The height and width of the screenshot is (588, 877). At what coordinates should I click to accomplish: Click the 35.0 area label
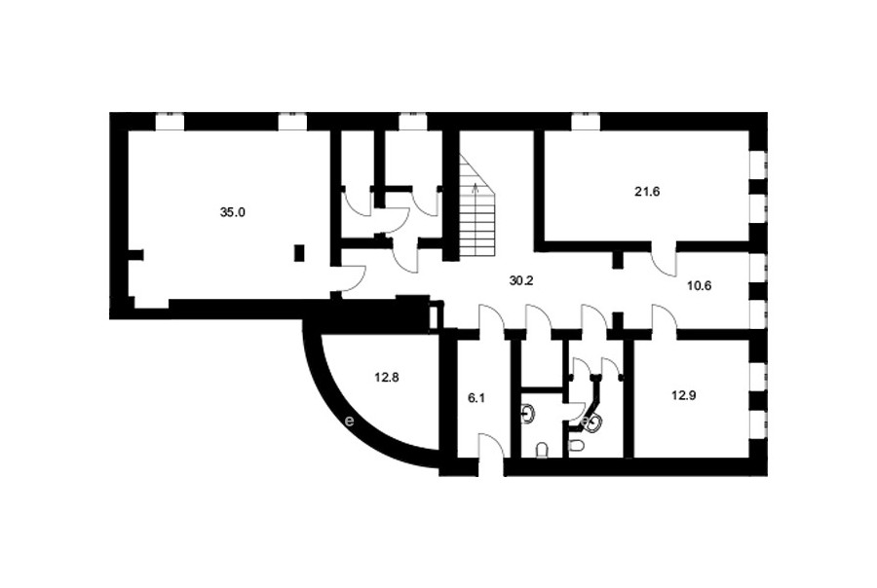(x=233, y=212)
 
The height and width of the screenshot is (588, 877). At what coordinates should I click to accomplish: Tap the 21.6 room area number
(x=647, y=192)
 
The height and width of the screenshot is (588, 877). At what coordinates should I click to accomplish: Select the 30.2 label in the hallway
(x=521, y=280)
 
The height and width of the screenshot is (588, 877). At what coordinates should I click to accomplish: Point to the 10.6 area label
(x=699, y=286)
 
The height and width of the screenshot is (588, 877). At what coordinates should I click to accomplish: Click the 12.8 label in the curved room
(x=387, y=378)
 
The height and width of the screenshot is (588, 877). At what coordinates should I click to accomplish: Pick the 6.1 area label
(x=476, y=398)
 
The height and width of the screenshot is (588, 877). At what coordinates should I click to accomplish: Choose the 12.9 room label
(x=683, y=395)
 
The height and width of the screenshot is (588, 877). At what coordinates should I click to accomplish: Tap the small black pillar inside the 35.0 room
(x=300, y=253)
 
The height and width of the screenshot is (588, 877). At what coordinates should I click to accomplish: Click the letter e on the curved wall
(x=350, y=421)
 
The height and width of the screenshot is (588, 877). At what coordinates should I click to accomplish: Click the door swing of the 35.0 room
(x=354, y=277)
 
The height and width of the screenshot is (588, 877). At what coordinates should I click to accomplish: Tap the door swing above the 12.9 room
(x=665, y=317)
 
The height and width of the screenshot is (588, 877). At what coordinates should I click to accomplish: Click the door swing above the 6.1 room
(x=492, y=317)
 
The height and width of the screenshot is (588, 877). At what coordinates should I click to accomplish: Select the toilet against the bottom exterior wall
(x=541, y=450)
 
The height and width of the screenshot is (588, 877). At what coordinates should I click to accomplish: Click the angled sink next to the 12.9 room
(x=592, y=424)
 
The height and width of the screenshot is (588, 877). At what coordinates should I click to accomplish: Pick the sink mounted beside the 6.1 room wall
(x=527, y=414)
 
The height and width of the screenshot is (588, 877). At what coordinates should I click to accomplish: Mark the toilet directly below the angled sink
(x=577, y=446)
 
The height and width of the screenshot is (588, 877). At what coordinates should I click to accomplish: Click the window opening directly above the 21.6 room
(x=586, y=122)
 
